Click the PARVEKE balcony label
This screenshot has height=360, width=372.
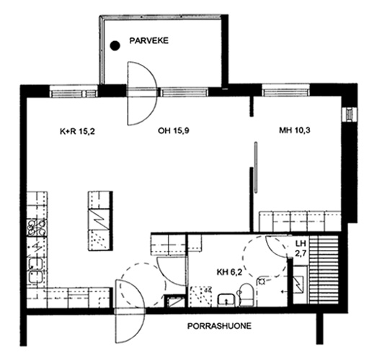click(149, 40)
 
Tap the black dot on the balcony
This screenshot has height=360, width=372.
click(115, 45)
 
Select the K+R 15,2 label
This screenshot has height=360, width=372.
click(77, 132)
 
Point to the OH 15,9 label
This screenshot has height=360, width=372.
click(174, 131)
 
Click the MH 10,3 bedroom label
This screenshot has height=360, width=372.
click(294, 130)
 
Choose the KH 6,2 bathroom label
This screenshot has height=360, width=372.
click(229, 272)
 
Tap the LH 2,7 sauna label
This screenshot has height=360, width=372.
click(301, 248)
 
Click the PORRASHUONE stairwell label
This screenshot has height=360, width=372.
click(219, 326)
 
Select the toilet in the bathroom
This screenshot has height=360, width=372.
click(247, 294)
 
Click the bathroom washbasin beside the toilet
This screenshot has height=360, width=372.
click(226, 300)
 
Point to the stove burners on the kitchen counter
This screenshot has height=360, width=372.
click(37, 228)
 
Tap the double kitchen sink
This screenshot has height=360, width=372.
click(36, 270)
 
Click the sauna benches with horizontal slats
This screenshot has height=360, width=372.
click(324, 269)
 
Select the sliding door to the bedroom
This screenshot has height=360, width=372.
click(256, 167)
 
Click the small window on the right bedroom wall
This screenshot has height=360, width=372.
click(349, 114)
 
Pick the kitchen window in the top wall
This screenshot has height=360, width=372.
click(74, 91)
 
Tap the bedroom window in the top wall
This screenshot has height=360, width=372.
click(285, 90)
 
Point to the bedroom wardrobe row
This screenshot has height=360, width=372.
click(299, 221)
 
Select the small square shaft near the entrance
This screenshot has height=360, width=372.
click(175, 301)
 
